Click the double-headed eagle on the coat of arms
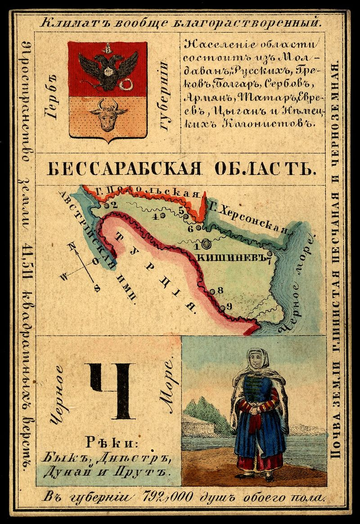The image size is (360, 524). coord(108,66)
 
